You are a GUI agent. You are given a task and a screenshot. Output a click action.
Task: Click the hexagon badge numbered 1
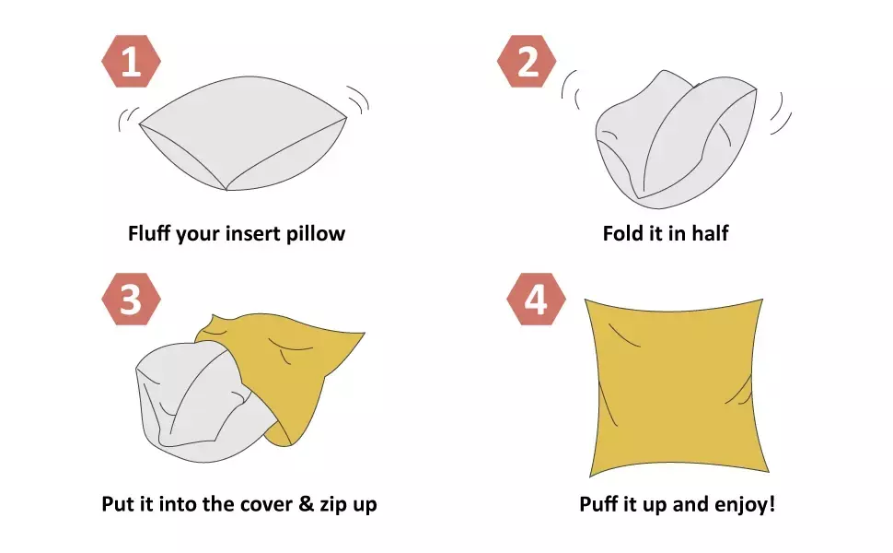pos(131,61)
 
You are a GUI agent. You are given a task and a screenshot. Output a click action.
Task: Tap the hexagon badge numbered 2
pos(527,61)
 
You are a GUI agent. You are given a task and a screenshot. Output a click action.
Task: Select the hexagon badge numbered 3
pos(131,299)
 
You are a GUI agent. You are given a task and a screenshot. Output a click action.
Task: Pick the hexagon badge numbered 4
pos(537,299)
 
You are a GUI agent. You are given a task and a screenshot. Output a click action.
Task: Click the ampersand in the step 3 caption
pos(306,504)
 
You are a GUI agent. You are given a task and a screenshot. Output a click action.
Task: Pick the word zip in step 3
pos(331,504)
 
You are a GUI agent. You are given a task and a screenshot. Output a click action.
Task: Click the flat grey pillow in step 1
pos(243,134)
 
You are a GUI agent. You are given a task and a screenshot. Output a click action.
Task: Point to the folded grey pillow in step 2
pos(676,140)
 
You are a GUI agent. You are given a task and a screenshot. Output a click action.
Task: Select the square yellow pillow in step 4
pos(677,387)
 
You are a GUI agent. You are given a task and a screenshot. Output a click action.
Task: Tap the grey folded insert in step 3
pos(200,403)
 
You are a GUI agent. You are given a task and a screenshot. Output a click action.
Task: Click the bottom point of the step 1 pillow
pos(226,190)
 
